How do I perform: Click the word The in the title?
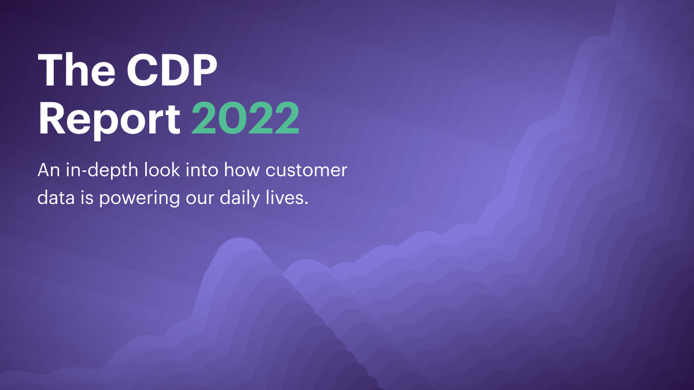point(76,70)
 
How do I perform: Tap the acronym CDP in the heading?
point(172,70)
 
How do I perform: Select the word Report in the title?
point(109,119)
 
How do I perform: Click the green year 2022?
point(245,118)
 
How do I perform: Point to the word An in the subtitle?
point(49,170)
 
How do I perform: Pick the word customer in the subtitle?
point(306,170)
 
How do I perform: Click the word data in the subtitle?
point(56,198)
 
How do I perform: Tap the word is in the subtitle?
point(87,198)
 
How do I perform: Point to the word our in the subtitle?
point(200,199)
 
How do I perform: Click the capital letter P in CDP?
point(204,70)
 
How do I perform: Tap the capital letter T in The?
point(51,70)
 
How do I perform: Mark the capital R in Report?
point(51,118)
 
